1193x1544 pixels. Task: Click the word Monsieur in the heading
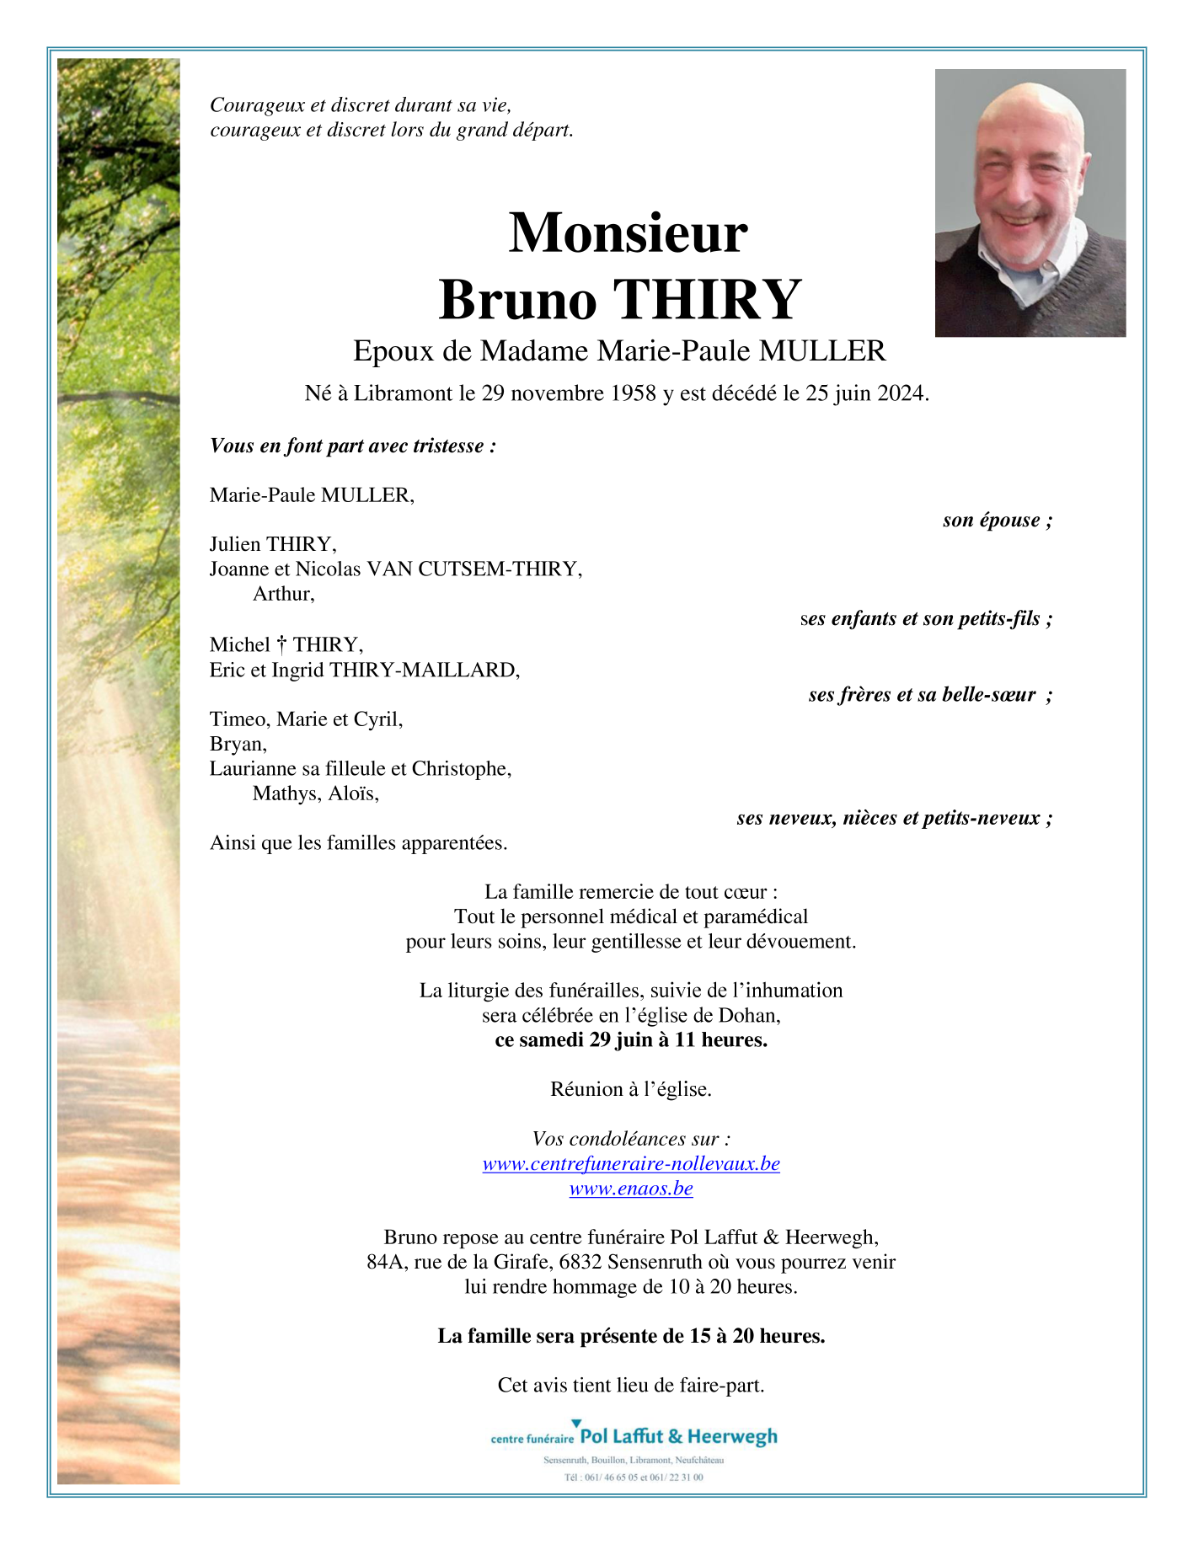point(628,233)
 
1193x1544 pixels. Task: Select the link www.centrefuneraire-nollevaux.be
point(631,1163)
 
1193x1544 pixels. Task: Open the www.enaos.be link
point(631,1189)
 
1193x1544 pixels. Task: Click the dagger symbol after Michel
point(281,645)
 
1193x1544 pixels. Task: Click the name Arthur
point(282,594)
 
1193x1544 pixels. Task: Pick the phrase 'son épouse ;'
point(997,521)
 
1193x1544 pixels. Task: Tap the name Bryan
point(238,744)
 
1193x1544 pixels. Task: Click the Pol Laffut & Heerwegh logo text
point(678,1436)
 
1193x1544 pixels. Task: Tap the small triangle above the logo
point(576,1423)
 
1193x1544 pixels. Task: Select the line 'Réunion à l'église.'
point(631,1089)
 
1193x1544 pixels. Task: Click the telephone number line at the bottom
point(634,1477)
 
